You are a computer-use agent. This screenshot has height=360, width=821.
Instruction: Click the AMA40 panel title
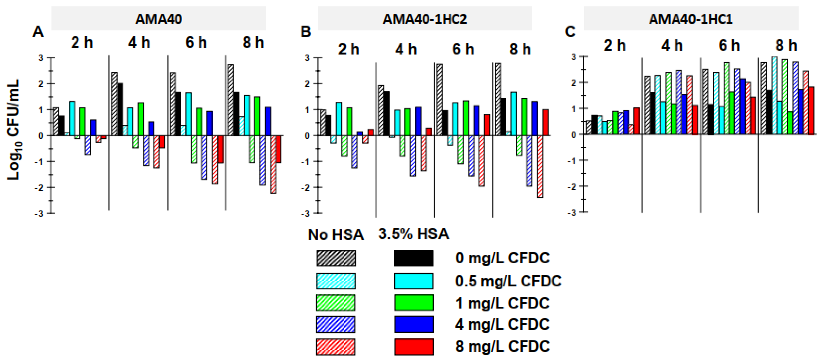(159, 19)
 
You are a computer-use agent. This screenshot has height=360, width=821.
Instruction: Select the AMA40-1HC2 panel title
(425, 19)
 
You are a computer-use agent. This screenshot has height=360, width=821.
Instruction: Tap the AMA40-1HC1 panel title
(691, 19)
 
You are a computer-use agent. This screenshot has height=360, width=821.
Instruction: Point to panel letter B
(306, 32)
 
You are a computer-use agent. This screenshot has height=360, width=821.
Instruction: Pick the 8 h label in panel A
(253, 42)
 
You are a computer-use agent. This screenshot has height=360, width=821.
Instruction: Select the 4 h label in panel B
(406, 49)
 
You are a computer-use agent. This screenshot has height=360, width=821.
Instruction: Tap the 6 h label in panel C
(729, 45)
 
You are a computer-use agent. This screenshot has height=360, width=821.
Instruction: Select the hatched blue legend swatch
(336, 324)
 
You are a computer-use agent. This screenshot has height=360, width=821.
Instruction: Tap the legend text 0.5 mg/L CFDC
(508, 281)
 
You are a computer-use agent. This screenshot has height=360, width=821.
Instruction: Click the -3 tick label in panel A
(40, 214)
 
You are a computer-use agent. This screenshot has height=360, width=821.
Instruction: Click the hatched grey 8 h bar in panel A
(231, 100)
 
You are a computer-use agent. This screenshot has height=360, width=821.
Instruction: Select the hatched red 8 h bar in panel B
(540, 167)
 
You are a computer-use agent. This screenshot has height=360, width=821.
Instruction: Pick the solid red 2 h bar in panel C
(636, 121)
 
